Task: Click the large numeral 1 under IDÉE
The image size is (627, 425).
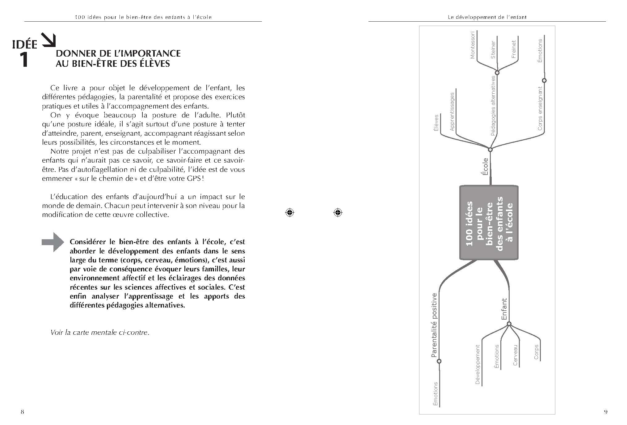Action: [x=24, y=60]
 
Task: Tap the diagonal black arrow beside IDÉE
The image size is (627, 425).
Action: [x=49, y=40]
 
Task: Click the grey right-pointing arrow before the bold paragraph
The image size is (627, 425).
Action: [x=53, y=242]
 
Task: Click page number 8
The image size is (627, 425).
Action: [x=22, y=412]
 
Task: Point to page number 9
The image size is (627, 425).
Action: [x=605, y=412]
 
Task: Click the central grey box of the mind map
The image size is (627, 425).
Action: [x=489, y=223]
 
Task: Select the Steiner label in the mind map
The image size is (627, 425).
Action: [x=493, y=49]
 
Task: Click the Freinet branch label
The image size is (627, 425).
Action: [x=513, y=49]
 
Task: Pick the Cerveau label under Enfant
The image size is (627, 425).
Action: [x=515, y=355]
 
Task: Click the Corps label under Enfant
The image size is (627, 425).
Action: [x=536, y=352]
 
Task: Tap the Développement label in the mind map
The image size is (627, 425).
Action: [x=478, y=365]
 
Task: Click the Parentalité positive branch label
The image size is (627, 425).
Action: [x=434, y=325]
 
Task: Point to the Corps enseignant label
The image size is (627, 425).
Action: [x=540, y=108]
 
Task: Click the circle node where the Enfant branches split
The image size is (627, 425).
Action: [x=509, y=324]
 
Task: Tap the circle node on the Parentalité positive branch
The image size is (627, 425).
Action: [x=439, y=361]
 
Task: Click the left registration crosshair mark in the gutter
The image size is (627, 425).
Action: [x=289, y=212]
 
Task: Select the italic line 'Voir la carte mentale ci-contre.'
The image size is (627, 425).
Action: [x=100, y=333]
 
